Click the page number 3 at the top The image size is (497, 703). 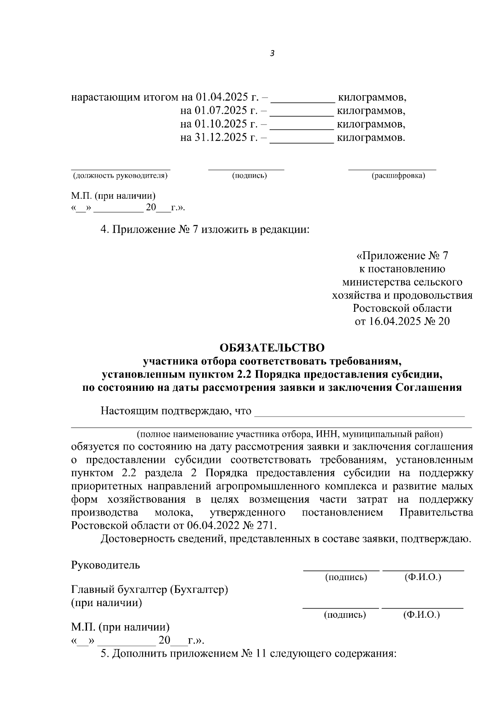tap(272, 53)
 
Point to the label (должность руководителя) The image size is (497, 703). tap(120, 176)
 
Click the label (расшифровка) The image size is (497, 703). tap(398, 176)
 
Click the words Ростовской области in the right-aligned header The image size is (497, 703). tap(402, 308)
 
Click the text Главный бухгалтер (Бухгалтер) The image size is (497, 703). tap(150, 589)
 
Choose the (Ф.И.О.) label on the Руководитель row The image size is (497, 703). tap(422, 577)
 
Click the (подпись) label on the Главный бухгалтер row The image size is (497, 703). tap(345, 614)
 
